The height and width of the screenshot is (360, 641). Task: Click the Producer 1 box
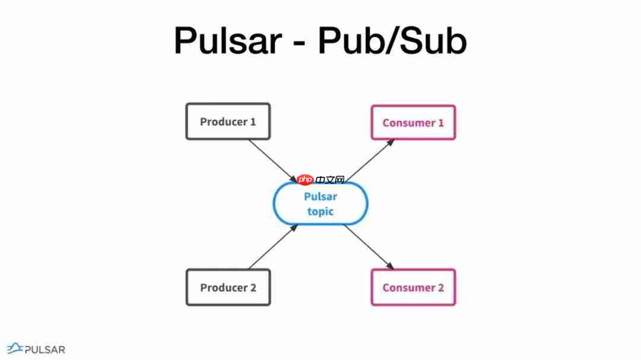point(228,122)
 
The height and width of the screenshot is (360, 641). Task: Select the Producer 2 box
point(228,288)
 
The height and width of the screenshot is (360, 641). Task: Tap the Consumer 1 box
point(413,123)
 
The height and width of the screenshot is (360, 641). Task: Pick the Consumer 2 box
point(413,288)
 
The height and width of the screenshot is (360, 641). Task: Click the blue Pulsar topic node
point(320,203)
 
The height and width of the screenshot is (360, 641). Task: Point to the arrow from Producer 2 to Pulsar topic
point(272,247)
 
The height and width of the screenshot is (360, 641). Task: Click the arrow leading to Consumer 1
point(369,161)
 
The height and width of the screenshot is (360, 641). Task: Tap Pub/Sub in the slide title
point(392,41)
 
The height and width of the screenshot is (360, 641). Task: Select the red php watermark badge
point(305,180)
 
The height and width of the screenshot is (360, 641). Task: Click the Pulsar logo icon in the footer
point(15,349)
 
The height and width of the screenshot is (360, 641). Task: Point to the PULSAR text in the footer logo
point(45,350)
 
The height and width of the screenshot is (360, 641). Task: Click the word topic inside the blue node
point(320,211)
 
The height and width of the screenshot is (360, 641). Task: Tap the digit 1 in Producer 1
point(253,122)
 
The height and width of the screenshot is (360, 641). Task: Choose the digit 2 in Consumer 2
point(440,288)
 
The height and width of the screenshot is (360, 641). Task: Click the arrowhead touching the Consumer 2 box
point(390,266)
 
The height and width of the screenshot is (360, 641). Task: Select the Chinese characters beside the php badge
point(331,180)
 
